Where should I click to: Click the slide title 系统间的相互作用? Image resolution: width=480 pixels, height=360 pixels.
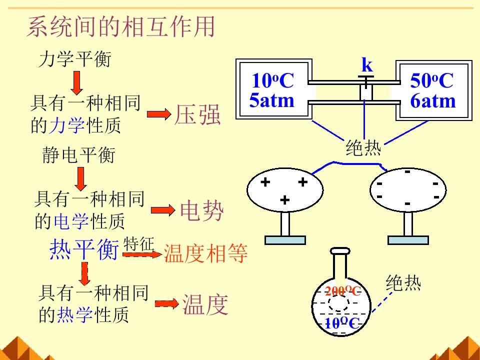120,27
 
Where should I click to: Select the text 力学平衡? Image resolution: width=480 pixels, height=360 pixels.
74,60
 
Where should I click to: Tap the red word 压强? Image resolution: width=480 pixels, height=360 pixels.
197,115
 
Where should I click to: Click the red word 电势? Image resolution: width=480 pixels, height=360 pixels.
201,211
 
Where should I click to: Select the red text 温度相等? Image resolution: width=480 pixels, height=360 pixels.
205,254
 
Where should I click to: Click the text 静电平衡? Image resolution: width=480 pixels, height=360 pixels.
78,155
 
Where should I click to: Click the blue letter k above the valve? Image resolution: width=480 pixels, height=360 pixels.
367,65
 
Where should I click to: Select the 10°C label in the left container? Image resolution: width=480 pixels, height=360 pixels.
272,80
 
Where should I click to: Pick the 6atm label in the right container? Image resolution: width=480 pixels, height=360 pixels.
433,101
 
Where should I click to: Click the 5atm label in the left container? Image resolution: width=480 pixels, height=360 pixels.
272,101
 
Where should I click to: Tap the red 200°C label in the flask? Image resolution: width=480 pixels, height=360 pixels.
342,291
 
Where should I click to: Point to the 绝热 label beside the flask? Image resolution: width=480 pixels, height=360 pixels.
403,283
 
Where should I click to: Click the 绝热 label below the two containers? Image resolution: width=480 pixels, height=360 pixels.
363,148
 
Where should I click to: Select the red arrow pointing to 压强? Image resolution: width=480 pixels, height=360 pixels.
159,115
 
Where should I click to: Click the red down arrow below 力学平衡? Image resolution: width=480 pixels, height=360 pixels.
76,82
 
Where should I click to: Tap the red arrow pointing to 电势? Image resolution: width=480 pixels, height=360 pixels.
163,211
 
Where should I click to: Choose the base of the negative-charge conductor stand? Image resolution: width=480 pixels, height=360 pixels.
408,240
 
